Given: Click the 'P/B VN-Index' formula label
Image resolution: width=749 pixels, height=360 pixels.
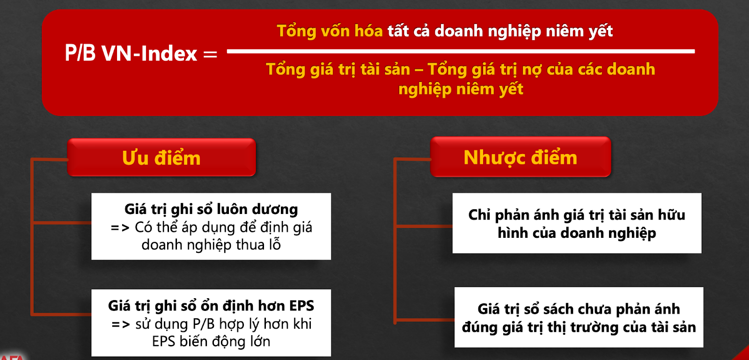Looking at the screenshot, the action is point(131,53).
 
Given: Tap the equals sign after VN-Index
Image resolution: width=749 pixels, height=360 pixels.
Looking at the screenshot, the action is point(210,54).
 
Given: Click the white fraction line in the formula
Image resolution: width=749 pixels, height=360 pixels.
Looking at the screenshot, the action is point(461,51).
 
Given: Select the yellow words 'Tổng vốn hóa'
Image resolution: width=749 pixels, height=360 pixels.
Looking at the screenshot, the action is point(330,31).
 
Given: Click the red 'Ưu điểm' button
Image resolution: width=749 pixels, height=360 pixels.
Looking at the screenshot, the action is point(162,157).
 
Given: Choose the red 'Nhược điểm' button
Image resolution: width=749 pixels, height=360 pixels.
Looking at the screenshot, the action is point(521,157).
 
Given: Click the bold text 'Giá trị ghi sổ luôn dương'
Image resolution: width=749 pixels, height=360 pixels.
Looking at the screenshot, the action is point(211,209).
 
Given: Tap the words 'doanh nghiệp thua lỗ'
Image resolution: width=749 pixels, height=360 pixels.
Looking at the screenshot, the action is point(211,245).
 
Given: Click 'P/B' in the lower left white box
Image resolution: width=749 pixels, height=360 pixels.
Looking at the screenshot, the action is point(203,323).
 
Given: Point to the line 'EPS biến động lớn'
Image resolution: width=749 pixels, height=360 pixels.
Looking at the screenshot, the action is point(211,341).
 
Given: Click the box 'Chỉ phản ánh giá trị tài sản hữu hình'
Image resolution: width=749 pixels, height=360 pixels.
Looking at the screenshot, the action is point(577,223).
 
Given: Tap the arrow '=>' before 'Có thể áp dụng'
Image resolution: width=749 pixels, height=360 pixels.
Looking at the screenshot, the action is point(120,228).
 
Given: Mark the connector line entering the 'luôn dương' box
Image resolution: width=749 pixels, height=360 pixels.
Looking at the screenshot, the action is point(62,222).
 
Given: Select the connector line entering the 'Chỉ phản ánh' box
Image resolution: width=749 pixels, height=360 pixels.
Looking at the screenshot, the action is point(424,226).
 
